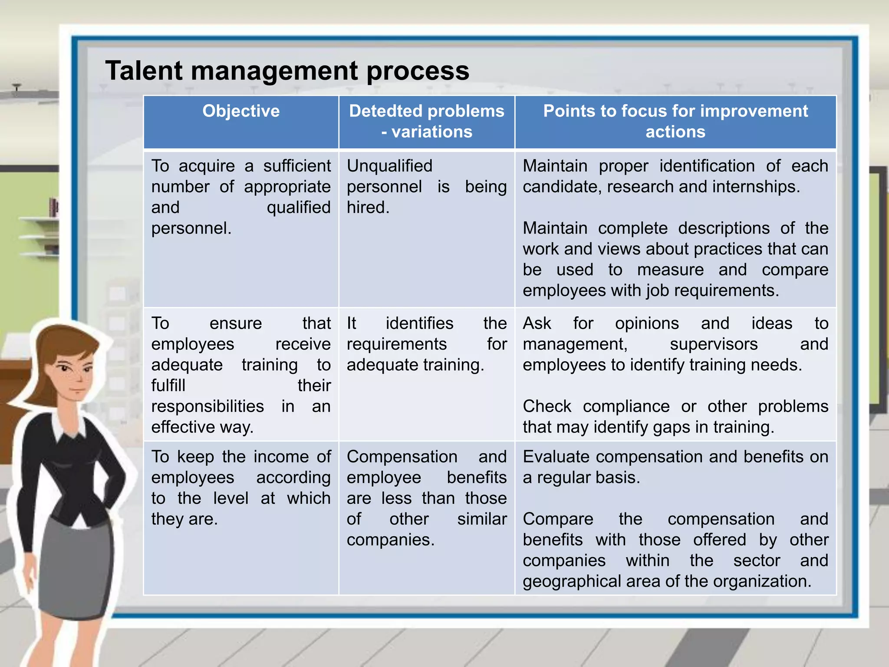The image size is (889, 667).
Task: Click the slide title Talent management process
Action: [x=287, y=71]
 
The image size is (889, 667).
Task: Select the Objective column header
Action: [x=241, y=111]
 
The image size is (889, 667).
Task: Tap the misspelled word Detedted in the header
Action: [x=380, y=111]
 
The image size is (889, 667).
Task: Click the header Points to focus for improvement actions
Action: [x=675, y=121]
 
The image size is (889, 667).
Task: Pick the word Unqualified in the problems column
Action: [x=389, y=166]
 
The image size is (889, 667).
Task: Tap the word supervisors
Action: [x=714, y=344]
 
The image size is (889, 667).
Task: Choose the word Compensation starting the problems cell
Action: [x=402, y=457]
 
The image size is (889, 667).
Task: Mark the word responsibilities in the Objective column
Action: [x=207, y=406]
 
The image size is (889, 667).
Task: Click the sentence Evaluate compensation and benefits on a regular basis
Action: [x=675, y=467]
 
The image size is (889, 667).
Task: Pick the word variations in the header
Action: [x=431, y=132]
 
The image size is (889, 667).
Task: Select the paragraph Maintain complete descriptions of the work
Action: [x=675, y=259]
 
